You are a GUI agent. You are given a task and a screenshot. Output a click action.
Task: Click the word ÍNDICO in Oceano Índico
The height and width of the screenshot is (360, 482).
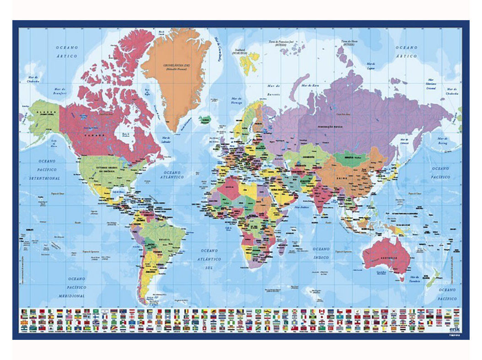tap(321, 258)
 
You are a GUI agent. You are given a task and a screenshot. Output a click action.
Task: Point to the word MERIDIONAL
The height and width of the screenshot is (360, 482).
tap(72, 296)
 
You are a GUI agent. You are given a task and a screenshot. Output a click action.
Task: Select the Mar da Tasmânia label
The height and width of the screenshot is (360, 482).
tap(415, 279)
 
